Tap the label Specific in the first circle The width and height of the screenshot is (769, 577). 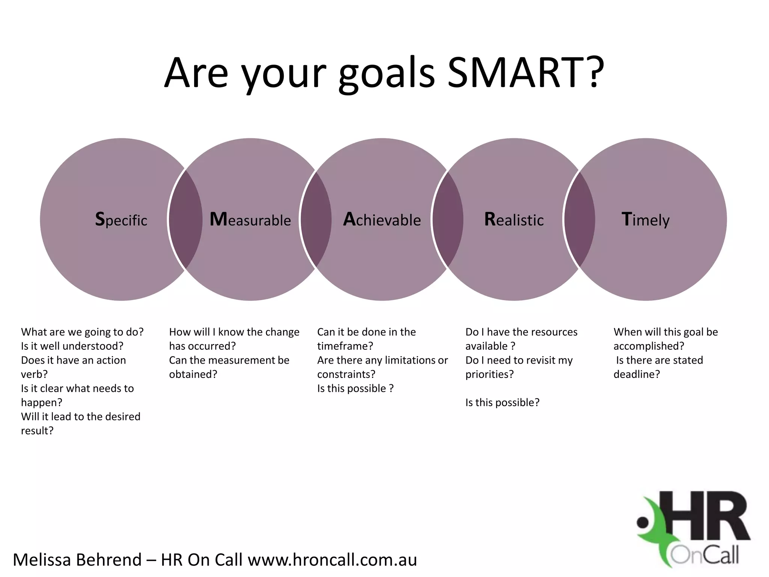point(121,220)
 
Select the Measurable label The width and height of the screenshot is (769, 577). point(250,220)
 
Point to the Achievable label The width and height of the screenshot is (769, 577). point(382,220)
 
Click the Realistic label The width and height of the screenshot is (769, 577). point(514,220)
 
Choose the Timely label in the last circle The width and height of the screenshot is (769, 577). point(645,220)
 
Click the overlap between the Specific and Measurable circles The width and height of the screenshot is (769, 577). point(185,220)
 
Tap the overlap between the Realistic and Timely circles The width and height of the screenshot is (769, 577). point(580,220)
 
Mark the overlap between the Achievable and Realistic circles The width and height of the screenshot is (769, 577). point(448,220)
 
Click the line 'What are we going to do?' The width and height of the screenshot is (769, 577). point(82,332)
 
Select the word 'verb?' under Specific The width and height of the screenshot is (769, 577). point(34,375)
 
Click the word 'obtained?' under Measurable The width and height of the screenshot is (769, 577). point(193,375)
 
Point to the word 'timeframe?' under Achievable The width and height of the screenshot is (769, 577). point(345,346)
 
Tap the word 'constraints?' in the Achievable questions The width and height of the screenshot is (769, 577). point(346,375)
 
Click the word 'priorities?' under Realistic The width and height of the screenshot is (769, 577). point(489,375)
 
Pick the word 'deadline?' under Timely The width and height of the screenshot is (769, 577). point(636,375)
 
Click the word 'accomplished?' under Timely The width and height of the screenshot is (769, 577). point(649,346)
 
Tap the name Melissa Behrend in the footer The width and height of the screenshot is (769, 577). point(77,560)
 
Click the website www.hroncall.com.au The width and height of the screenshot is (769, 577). point(332,560)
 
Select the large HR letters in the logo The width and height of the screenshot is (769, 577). point(708,517)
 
